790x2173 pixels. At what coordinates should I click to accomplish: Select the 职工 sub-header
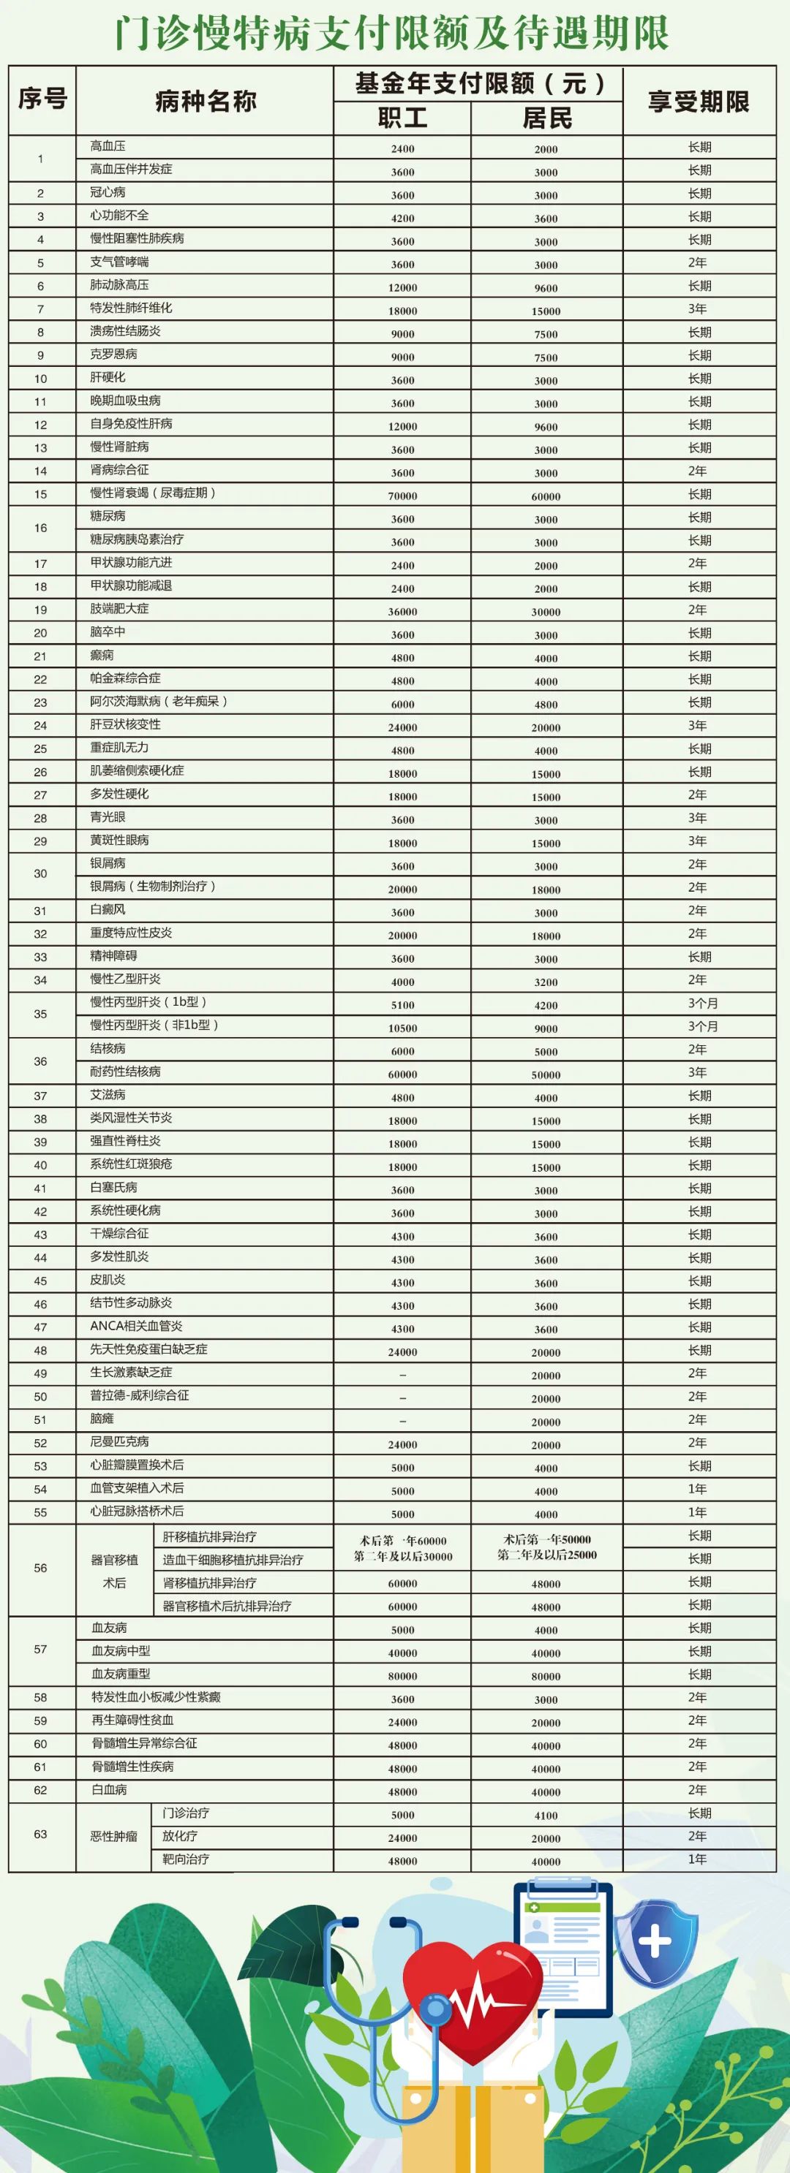tap(402, 118)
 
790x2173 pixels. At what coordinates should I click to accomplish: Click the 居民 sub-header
tap(546, 118)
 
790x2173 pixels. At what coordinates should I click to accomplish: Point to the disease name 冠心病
tap(108, 192)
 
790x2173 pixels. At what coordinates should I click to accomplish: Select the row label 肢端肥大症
tap(119, 608)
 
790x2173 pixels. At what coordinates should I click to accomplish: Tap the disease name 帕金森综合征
tap(125, 678)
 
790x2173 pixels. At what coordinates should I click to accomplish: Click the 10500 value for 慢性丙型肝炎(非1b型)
tap(402, 1028)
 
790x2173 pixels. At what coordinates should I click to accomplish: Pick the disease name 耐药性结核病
tap(125, 1072)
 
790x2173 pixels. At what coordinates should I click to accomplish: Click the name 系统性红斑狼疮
tap(131, 1164)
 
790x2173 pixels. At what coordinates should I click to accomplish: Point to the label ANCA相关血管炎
tap(136, 1326)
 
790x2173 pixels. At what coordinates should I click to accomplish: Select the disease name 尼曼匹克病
tap(119, 1441)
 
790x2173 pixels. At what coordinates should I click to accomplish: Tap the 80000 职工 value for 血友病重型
tap(402, 1675)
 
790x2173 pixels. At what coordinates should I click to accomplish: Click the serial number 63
tap(40, 1834)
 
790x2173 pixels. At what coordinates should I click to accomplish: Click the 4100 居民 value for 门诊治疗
tap(546, 1816)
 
